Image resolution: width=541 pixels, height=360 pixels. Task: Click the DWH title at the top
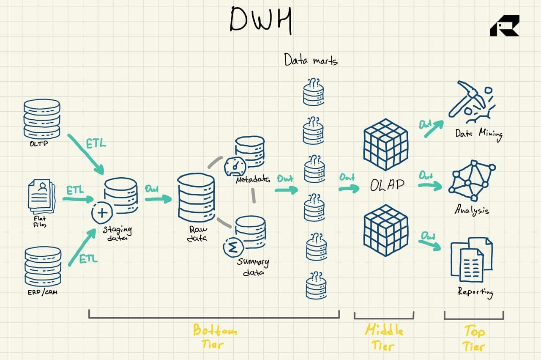(261, 20)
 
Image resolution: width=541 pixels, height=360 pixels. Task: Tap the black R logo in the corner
(504, 26)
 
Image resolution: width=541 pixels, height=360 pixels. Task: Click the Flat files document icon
(41, 195)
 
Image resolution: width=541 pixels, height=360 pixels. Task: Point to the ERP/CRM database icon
(43, 265)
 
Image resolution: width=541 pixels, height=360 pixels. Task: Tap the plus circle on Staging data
(102, 212)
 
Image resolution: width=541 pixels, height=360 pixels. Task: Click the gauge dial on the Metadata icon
(234, 166)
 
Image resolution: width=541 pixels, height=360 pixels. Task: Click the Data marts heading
(311, 60)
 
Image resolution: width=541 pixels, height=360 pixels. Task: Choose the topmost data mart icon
(313, 92)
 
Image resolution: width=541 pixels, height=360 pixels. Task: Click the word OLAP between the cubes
(387, 185)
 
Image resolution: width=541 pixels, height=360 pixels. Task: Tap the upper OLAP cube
(386, 144)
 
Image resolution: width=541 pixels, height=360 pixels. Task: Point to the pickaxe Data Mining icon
(470, 100)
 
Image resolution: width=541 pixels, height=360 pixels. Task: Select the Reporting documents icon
(471, 259)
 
